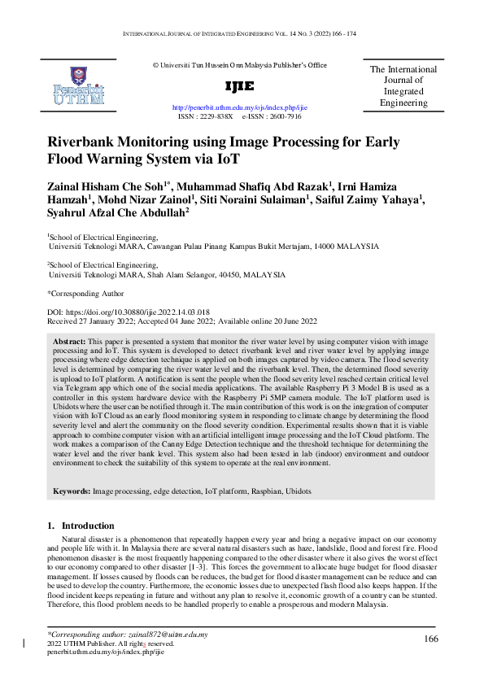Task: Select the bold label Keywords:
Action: tap(72, 492)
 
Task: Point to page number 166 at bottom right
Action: tap(431, 639)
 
